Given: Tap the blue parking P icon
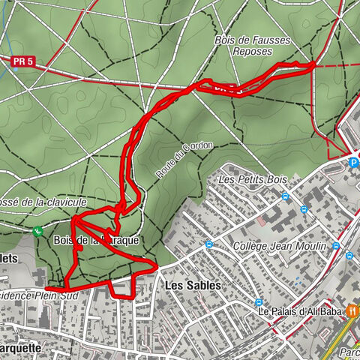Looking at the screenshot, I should click(x=353, y=160).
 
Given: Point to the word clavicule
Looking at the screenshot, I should click(x=64, y=202).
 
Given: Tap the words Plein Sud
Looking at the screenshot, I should click(x=61, y=295).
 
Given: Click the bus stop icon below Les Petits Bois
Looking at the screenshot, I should click(x=285, y=197).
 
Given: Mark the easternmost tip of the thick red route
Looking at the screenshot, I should click(x=313, y=65).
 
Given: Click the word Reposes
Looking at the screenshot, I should click(x=251, y=52).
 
